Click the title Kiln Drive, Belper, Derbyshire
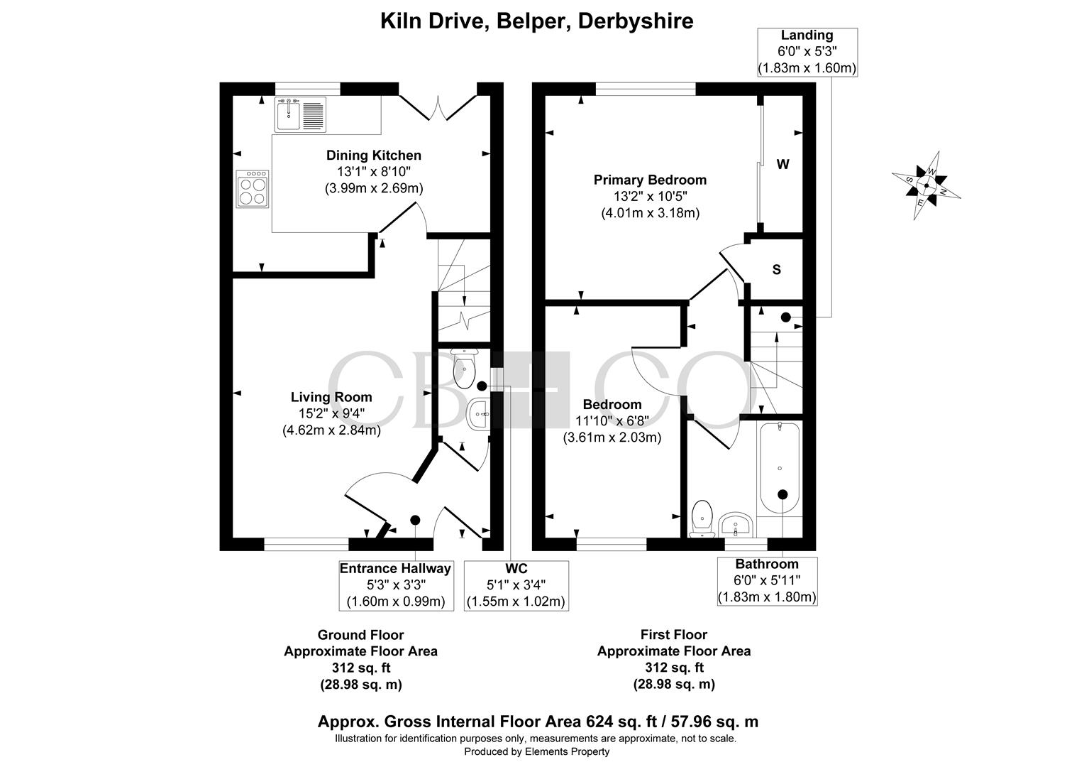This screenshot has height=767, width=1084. [x=536, y=21]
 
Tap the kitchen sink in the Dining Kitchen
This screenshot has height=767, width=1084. [x=301, y=114]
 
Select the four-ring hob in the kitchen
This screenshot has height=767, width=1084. [x=253, y=189]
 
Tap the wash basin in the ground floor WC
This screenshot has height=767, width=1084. [x=478, y=414]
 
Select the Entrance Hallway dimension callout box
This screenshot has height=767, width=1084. [x=396, y=585]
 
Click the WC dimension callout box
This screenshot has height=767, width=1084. [x=516, y=585]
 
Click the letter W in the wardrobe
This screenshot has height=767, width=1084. [x=782, y=164]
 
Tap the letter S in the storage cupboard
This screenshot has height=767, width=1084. [x=777, y=269]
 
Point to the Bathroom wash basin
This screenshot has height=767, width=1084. [x=735, y=525]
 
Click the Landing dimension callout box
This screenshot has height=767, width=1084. [x=807, y=52]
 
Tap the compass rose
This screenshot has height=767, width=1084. [x=927, y=185]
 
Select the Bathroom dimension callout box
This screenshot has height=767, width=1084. [x=767, y=581]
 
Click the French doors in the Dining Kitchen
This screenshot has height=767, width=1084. [x=438, y=107]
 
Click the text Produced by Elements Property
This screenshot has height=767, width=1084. [x=536, y=751]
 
